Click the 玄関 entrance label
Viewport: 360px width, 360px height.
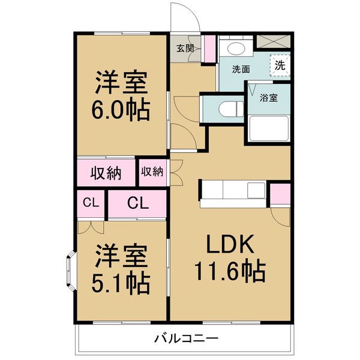click(185, 49)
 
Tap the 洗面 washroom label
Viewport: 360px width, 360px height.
click(241, 69)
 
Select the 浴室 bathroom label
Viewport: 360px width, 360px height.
click(269, 98)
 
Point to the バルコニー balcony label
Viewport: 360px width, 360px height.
click(186, 338)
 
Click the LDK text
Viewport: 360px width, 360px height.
click(230, 244)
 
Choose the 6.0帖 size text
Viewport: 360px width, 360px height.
click(121, 110)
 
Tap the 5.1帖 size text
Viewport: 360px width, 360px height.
click(121, 283)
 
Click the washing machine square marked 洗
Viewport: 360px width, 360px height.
click(280, 65)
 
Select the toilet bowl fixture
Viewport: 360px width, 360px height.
click(231, 109)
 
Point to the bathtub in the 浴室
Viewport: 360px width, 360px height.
click(269, 128)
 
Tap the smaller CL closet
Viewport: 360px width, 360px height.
click(91, 203)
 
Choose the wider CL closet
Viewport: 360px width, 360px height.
click(137, 203)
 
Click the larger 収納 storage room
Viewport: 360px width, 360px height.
click(106, 172)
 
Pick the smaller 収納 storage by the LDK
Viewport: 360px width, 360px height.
click(152, 172)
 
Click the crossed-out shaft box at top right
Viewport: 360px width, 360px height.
click(273, 41)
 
